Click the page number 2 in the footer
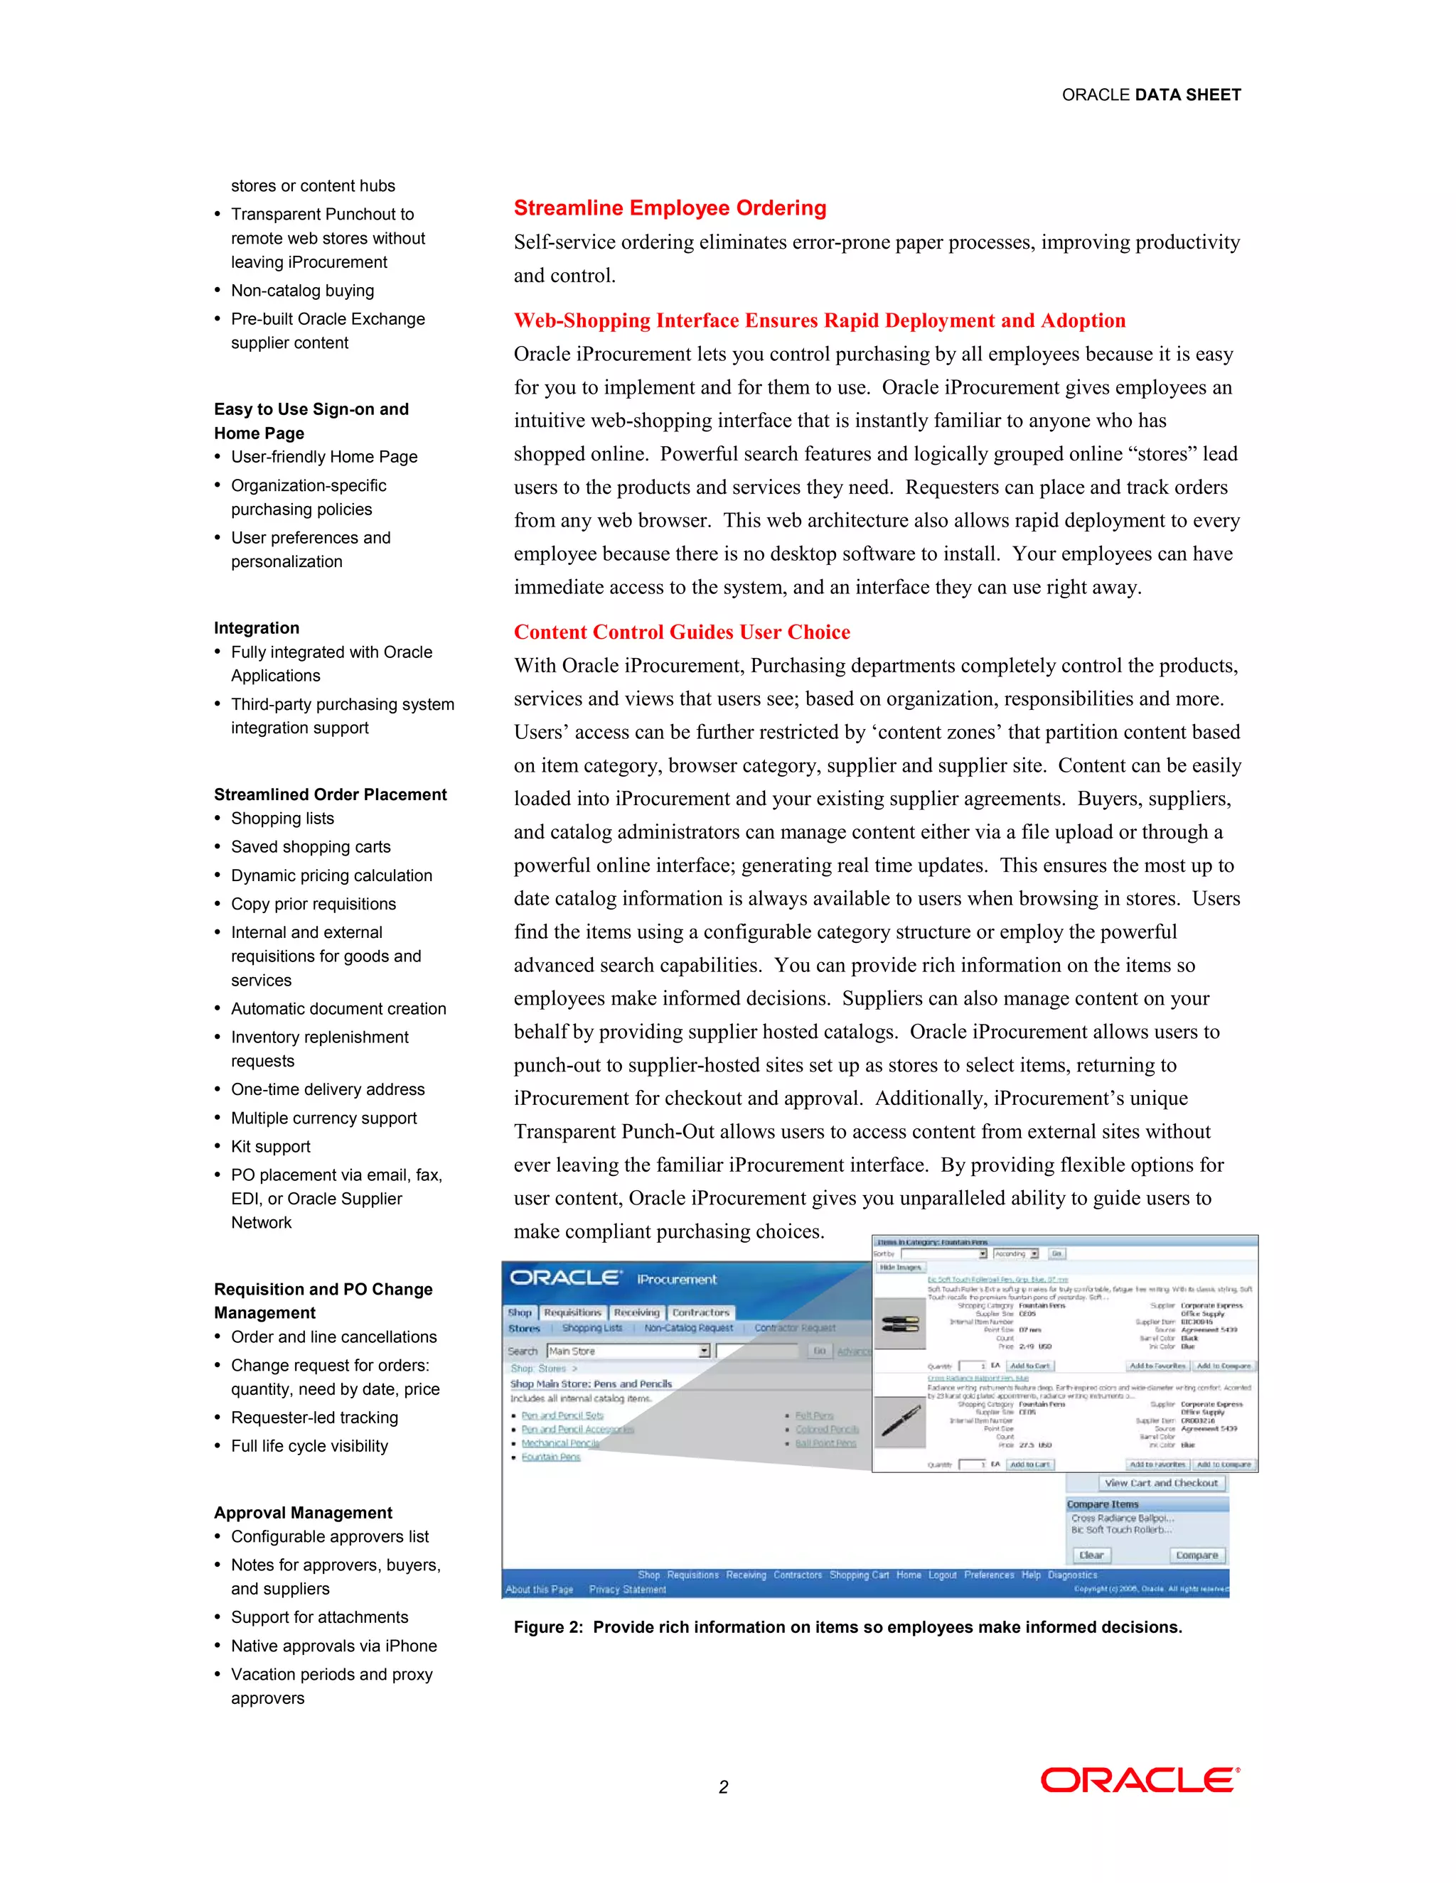(723, 1787)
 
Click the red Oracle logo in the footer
(1140, 1781)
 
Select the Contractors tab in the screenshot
(700, 1312)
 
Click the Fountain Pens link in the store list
(550, 1457)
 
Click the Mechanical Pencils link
(560, 1443)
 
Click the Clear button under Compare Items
(1091, 1555)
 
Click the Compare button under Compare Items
(1197, 1555)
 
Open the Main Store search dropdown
(704, 1351)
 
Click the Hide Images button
(901, 1268)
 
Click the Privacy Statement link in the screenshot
(627, 1590)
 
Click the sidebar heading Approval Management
(303, 1513)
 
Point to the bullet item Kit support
(270, 1147)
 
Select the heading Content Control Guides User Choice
(681, 632)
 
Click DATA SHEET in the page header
(1188, 95)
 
